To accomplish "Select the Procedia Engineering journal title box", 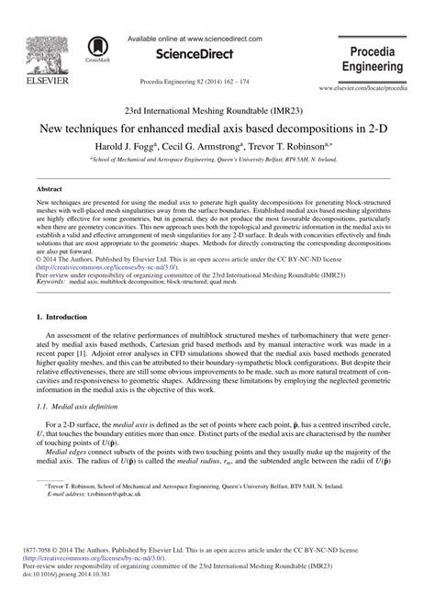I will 373,58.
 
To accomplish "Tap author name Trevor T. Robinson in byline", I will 313,145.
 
